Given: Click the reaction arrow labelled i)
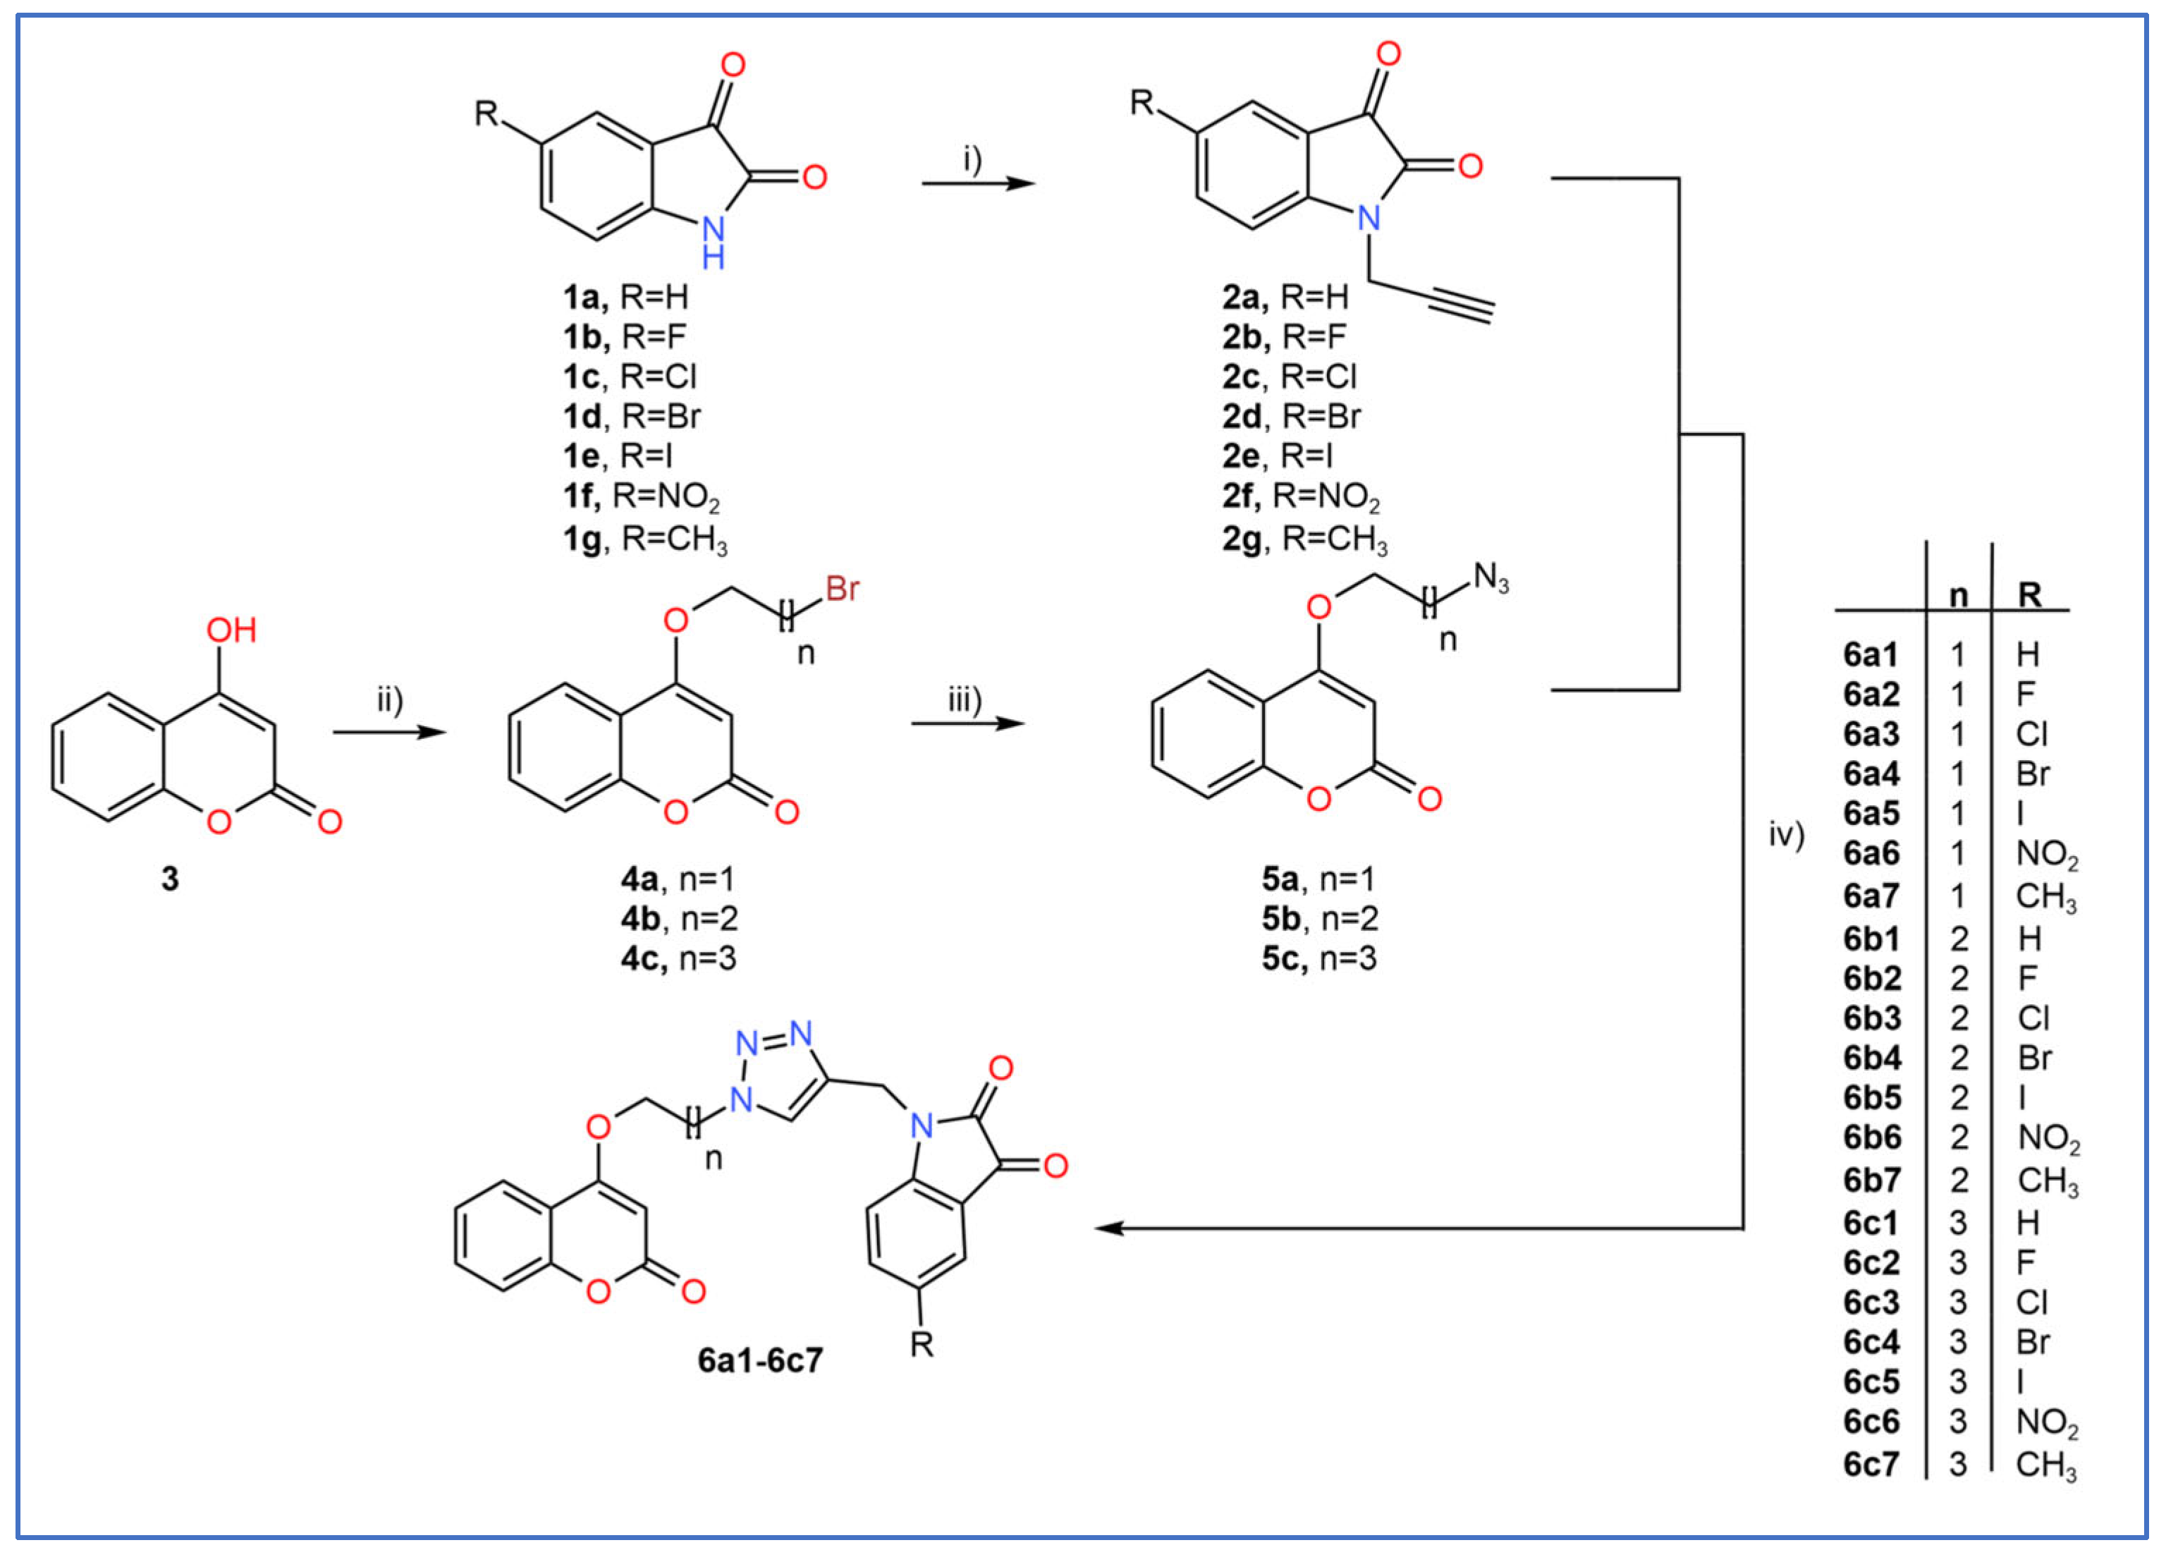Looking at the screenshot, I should (x=977, y=181).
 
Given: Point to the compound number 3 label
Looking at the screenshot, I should (x=170, y=879).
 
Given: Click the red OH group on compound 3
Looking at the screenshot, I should (x=231, y=630).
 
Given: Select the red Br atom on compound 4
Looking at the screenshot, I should (x=843, y=590).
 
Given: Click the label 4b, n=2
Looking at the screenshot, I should (x=679, y=919).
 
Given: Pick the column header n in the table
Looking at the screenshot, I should (x=1958, y=596).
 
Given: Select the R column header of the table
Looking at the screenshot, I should (x=2029, y=596).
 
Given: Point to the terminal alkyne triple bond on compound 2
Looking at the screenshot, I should (x=1460, y=307).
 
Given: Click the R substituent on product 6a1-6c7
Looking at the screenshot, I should (x=921, y=1345).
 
